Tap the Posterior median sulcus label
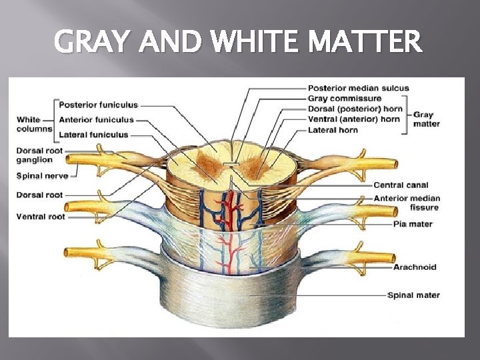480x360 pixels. [x=358, y=88]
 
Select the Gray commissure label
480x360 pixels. [x=345, y=99]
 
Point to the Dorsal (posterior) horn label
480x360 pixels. [x=354, y=109]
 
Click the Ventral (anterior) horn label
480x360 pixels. [x=353, y=119]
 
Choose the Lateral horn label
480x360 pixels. [x=333, y=130]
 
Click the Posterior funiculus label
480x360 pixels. [x=98, y=105]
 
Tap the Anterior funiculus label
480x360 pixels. [x=97, y=120]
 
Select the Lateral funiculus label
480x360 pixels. [x=93, y=135]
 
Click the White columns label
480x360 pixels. [x=33, y=124]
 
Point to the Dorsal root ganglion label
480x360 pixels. [x=39, y=155]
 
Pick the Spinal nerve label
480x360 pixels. [x=42, y=176]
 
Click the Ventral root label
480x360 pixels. [x=40, y=217]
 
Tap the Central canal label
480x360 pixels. [x=401, y=185]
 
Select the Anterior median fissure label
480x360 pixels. [x=407, y=203]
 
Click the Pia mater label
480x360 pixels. [x=413, y=224]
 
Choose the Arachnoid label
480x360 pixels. [x=415, y=267]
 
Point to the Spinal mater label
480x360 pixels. [x=413, y=295]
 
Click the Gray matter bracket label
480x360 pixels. [x=426, y=119]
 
